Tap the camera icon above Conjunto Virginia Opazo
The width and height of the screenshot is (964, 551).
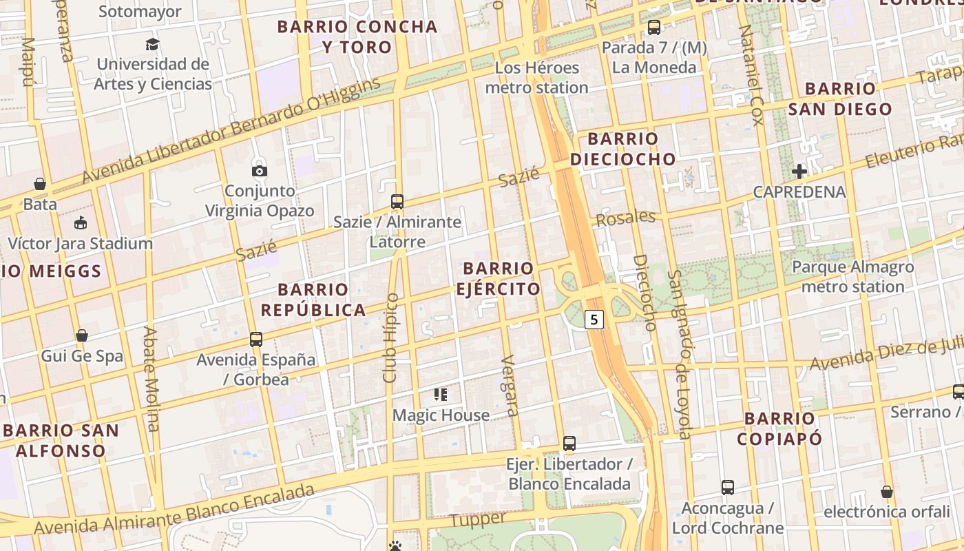260,171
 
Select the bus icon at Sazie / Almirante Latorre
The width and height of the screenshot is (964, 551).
397,202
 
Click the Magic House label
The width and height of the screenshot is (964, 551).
441,415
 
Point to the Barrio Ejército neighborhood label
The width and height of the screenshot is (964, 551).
499,278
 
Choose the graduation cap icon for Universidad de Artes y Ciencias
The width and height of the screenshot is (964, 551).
153,45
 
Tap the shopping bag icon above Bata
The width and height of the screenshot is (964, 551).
40,184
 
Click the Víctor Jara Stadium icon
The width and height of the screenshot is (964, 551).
81,222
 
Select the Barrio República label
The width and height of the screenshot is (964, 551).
313,300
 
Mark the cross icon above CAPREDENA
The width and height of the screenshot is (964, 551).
799,171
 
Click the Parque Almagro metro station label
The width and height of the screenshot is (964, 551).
852,276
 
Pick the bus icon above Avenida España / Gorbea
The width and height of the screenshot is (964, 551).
256,339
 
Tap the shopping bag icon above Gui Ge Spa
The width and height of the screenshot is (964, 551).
82,335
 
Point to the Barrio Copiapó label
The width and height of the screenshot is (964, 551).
779,428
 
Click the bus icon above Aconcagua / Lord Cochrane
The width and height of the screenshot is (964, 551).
728,488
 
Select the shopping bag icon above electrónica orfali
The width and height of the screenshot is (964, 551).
887,492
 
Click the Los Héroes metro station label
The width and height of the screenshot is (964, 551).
537,78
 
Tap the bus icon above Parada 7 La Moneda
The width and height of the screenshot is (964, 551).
654,28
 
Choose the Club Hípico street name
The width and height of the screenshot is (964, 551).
391,337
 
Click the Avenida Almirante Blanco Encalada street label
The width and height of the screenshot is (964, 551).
174,510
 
